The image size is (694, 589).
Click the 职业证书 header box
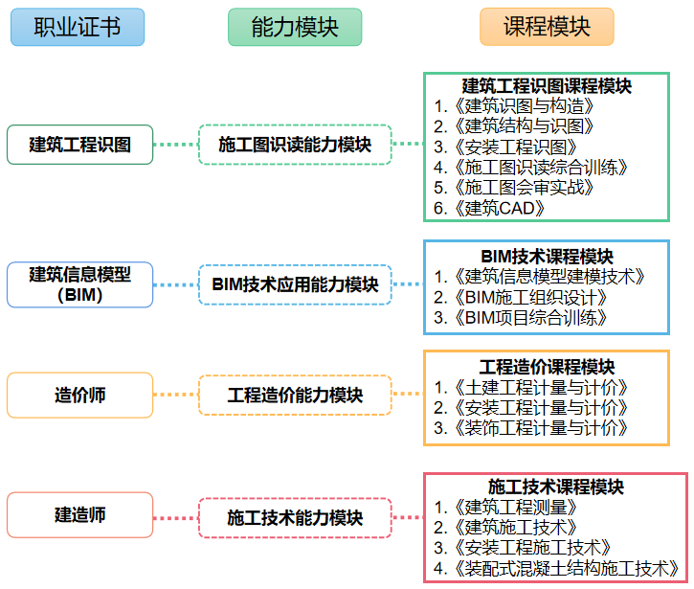click(x=78, y=27)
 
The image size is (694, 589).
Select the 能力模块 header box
click(x=295, y=27)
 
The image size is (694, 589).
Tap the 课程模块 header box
click(x=547, y=27)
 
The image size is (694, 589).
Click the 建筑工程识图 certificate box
click(x=80, y=145)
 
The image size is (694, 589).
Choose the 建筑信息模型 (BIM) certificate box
click(x=80, y=284)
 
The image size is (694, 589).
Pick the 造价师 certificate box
click(x=80, y=395)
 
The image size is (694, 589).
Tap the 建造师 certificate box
click(x=80, y=515)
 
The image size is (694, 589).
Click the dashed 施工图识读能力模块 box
click(x=295, y=145)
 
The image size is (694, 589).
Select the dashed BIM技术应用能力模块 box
click(x=295, y=284)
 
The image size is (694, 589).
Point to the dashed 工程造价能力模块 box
click(x=295, y=395)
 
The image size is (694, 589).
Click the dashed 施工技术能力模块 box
click(x=295, y=518)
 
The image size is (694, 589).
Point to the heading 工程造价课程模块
click(x=547, y=367)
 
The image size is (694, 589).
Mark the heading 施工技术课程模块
click(x=556, y=487)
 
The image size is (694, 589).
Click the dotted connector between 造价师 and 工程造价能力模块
click(x=176, y=395)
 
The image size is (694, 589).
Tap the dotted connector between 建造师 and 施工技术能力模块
click(x=176, y=518)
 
